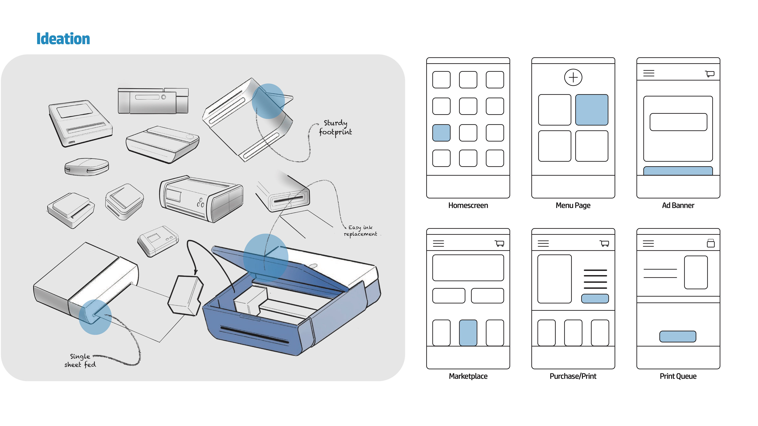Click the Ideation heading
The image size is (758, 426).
63,39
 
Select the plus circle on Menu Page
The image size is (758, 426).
573,77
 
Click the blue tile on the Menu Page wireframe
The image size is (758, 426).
591,110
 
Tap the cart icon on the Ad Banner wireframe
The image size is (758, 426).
710,74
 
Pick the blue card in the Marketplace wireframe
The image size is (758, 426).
468,333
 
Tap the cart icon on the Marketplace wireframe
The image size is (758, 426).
499,243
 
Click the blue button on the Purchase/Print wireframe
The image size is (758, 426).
595,298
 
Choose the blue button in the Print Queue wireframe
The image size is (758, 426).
678,336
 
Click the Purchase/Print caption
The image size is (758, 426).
573,376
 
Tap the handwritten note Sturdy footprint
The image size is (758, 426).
335,127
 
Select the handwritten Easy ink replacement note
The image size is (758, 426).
360,231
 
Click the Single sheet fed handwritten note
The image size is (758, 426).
80,361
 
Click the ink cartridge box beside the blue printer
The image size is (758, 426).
185,295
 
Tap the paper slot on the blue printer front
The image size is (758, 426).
254,335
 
